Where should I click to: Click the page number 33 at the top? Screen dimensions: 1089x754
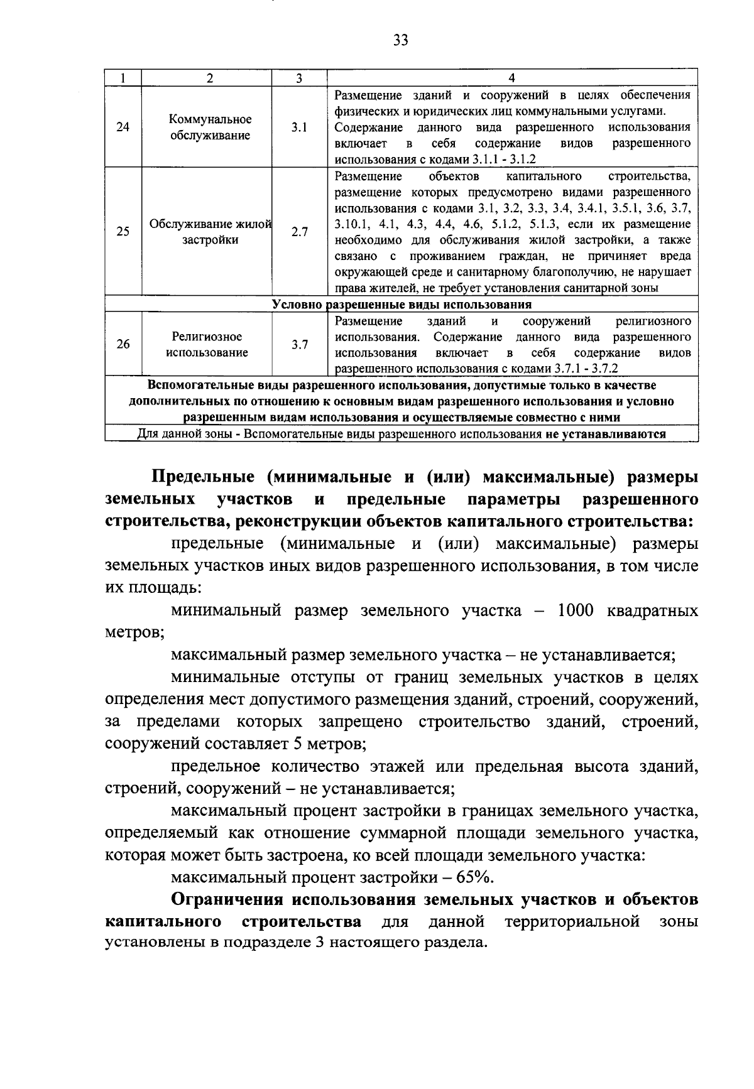click(x=400, y=40)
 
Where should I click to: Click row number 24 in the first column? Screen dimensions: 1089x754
click(x=123, y=127)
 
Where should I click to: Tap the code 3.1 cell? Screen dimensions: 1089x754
click(x=299, y=127)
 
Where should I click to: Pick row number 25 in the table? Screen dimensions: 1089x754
click(x=123, y=231)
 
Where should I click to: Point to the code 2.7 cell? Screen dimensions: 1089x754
click(x=299, y=231)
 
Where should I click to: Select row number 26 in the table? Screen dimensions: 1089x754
click(x=123, y=344)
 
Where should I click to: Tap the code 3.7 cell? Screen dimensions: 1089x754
click(x=299, y=344)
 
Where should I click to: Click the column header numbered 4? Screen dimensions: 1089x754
click(x=511, y=78)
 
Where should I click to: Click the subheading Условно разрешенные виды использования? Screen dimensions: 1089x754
click(x=402, y=305)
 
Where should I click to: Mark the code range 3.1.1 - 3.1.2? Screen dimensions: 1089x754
click(x=501, y=160)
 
